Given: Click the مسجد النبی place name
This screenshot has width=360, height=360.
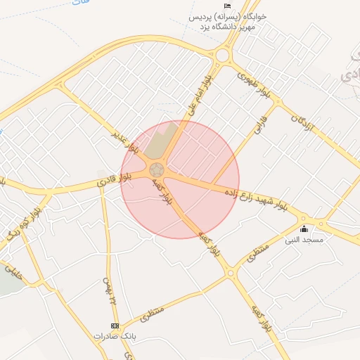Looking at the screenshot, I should [304, 240].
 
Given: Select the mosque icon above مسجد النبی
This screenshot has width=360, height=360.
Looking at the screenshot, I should [304, 229].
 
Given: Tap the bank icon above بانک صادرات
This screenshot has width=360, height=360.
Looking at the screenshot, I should [115, 326].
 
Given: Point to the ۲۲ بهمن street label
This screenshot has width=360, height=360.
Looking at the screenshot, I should [111, 288].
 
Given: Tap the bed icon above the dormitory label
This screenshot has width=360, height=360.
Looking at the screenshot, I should [227, 6].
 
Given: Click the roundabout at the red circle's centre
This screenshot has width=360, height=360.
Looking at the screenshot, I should [157, 170].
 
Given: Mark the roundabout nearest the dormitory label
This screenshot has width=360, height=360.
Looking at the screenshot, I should [224, 55].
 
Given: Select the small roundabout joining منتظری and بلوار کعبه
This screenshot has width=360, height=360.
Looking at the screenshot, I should [229, 273].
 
